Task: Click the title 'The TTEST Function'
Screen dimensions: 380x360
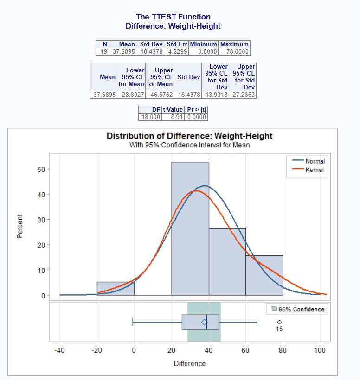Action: [x=173, y=17]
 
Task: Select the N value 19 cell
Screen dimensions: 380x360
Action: [x=102, y=51]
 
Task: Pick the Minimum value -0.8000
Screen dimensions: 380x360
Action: [x=204, y=51]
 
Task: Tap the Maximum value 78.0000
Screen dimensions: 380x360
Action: [x=235, y=51]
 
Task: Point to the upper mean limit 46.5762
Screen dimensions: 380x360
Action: [x=160, y=95]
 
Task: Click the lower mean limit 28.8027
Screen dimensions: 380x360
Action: [x=132, y=95]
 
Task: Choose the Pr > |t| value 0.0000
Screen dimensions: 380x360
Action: [x=196, y=117]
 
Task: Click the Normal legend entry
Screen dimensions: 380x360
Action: [x=315, y=161]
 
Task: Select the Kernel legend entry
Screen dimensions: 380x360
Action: [x=314, y=170]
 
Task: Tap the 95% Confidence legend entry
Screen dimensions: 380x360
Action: [x=301, y=309]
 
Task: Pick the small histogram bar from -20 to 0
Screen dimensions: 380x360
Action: [x=116, y=288]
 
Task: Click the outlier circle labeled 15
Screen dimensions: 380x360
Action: [x=279, y=322]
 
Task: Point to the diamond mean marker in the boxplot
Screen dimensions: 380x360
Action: [x=204, y=322]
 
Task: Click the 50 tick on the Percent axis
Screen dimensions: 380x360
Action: [x=41, y=169]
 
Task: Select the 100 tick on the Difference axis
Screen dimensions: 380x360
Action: [x=320, y=350]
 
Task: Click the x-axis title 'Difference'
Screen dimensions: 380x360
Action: [x=189, y=363]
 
